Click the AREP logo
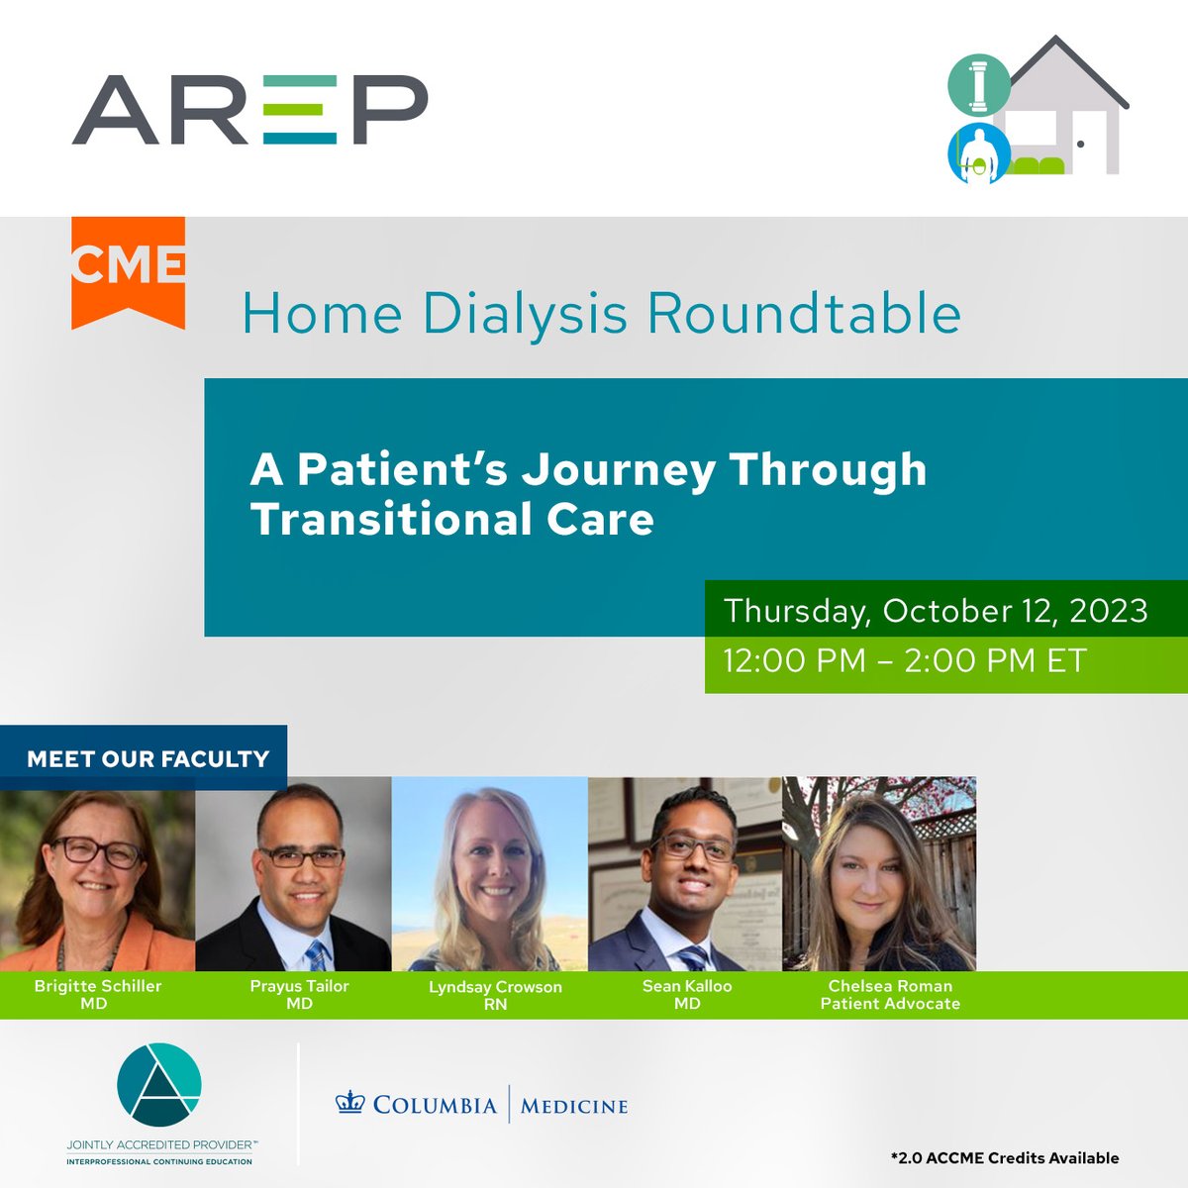tap(249, 110)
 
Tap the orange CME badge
tap(128, 268)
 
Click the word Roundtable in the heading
tap(804, 314)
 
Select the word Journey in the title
tap(618, 469)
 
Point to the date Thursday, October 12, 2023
tap(936, 610)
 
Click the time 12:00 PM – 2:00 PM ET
tap(905, 660)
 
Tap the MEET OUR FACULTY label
tap(148, 759)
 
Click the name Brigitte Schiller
tap(97, 986)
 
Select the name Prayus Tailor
tap(299, 986)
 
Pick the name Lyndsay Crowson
tap(495, 987)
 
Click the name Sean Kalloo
tap(687, 986)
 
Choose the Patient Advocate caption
tap(890, 1004)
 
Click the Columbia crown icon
tap(350, 1104)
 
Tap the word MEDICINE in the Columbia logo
tap(574, 1106)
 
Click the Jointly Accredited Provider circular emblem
tap(159, 1084)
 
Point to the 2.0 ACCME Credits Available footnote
tap(1004, 1157)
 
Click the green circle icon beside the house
tap(979, 85)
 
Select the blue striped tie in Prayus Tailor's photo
tap(316, 954)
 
